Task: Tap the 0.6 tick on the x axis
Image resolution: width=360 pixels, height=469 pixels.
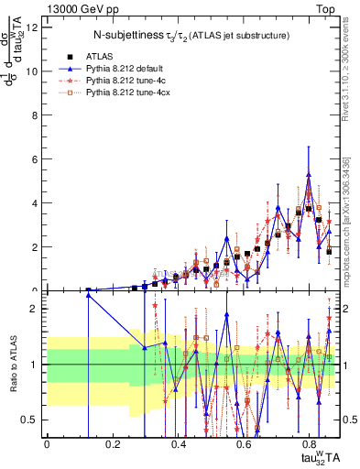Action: click(245, 442)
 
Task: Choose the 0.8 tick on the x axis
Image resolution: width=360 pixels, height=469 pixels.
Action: click(310, 442)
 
